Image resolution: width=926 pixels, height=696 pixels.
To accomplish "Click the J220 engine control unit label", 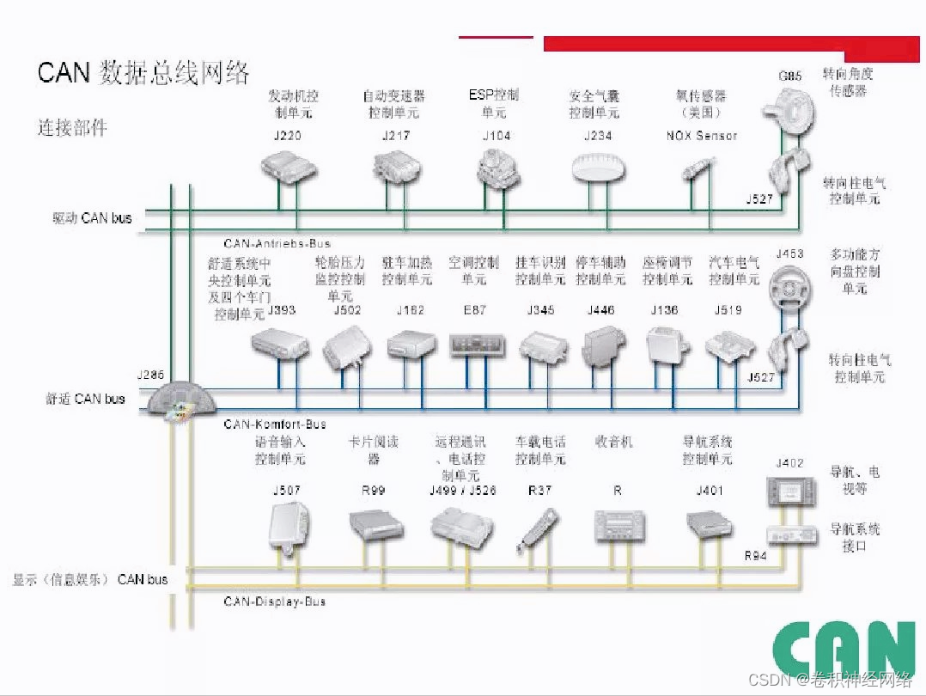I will [x=286, y=136].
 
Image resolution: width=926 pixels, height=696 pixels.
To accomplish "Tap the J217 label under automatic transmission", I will [x=395, y=136].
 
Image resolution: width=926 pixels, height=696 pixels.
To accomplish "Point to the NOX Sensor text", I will [x=701, y=136].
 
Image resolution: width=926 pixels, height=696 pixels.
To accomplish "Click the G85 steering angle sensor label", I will [x=789, y=76].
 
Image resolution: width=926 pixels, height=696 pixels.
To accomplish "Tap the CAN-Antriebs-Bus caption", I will [x=277, y=244].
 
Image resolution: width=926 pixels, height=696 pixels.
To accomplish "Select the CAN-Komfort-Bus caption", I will [x=275, y=424].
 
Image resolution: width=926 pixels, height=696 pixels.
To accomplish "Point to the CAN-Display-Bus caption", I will [x=274, y=602].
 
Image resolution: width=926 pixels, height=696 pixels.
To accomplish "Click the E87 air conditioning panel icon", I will [x=473, y=345].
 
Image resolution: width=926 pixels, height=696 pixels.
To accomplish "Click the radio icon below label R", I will [x=618, y=525].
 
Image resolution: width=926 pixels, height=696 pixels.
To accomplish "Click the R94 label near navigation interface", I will [x=756, y=556].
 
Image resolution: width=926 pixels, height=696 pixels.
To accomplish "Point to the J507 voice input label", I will [x=287, y=491].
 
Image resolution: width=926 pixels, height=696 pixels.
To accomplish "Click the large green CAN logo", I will [x=844, y=650].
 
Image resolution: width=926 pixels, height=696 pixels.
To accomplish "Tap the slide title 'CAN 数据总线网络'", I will [x=143, y=72].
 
